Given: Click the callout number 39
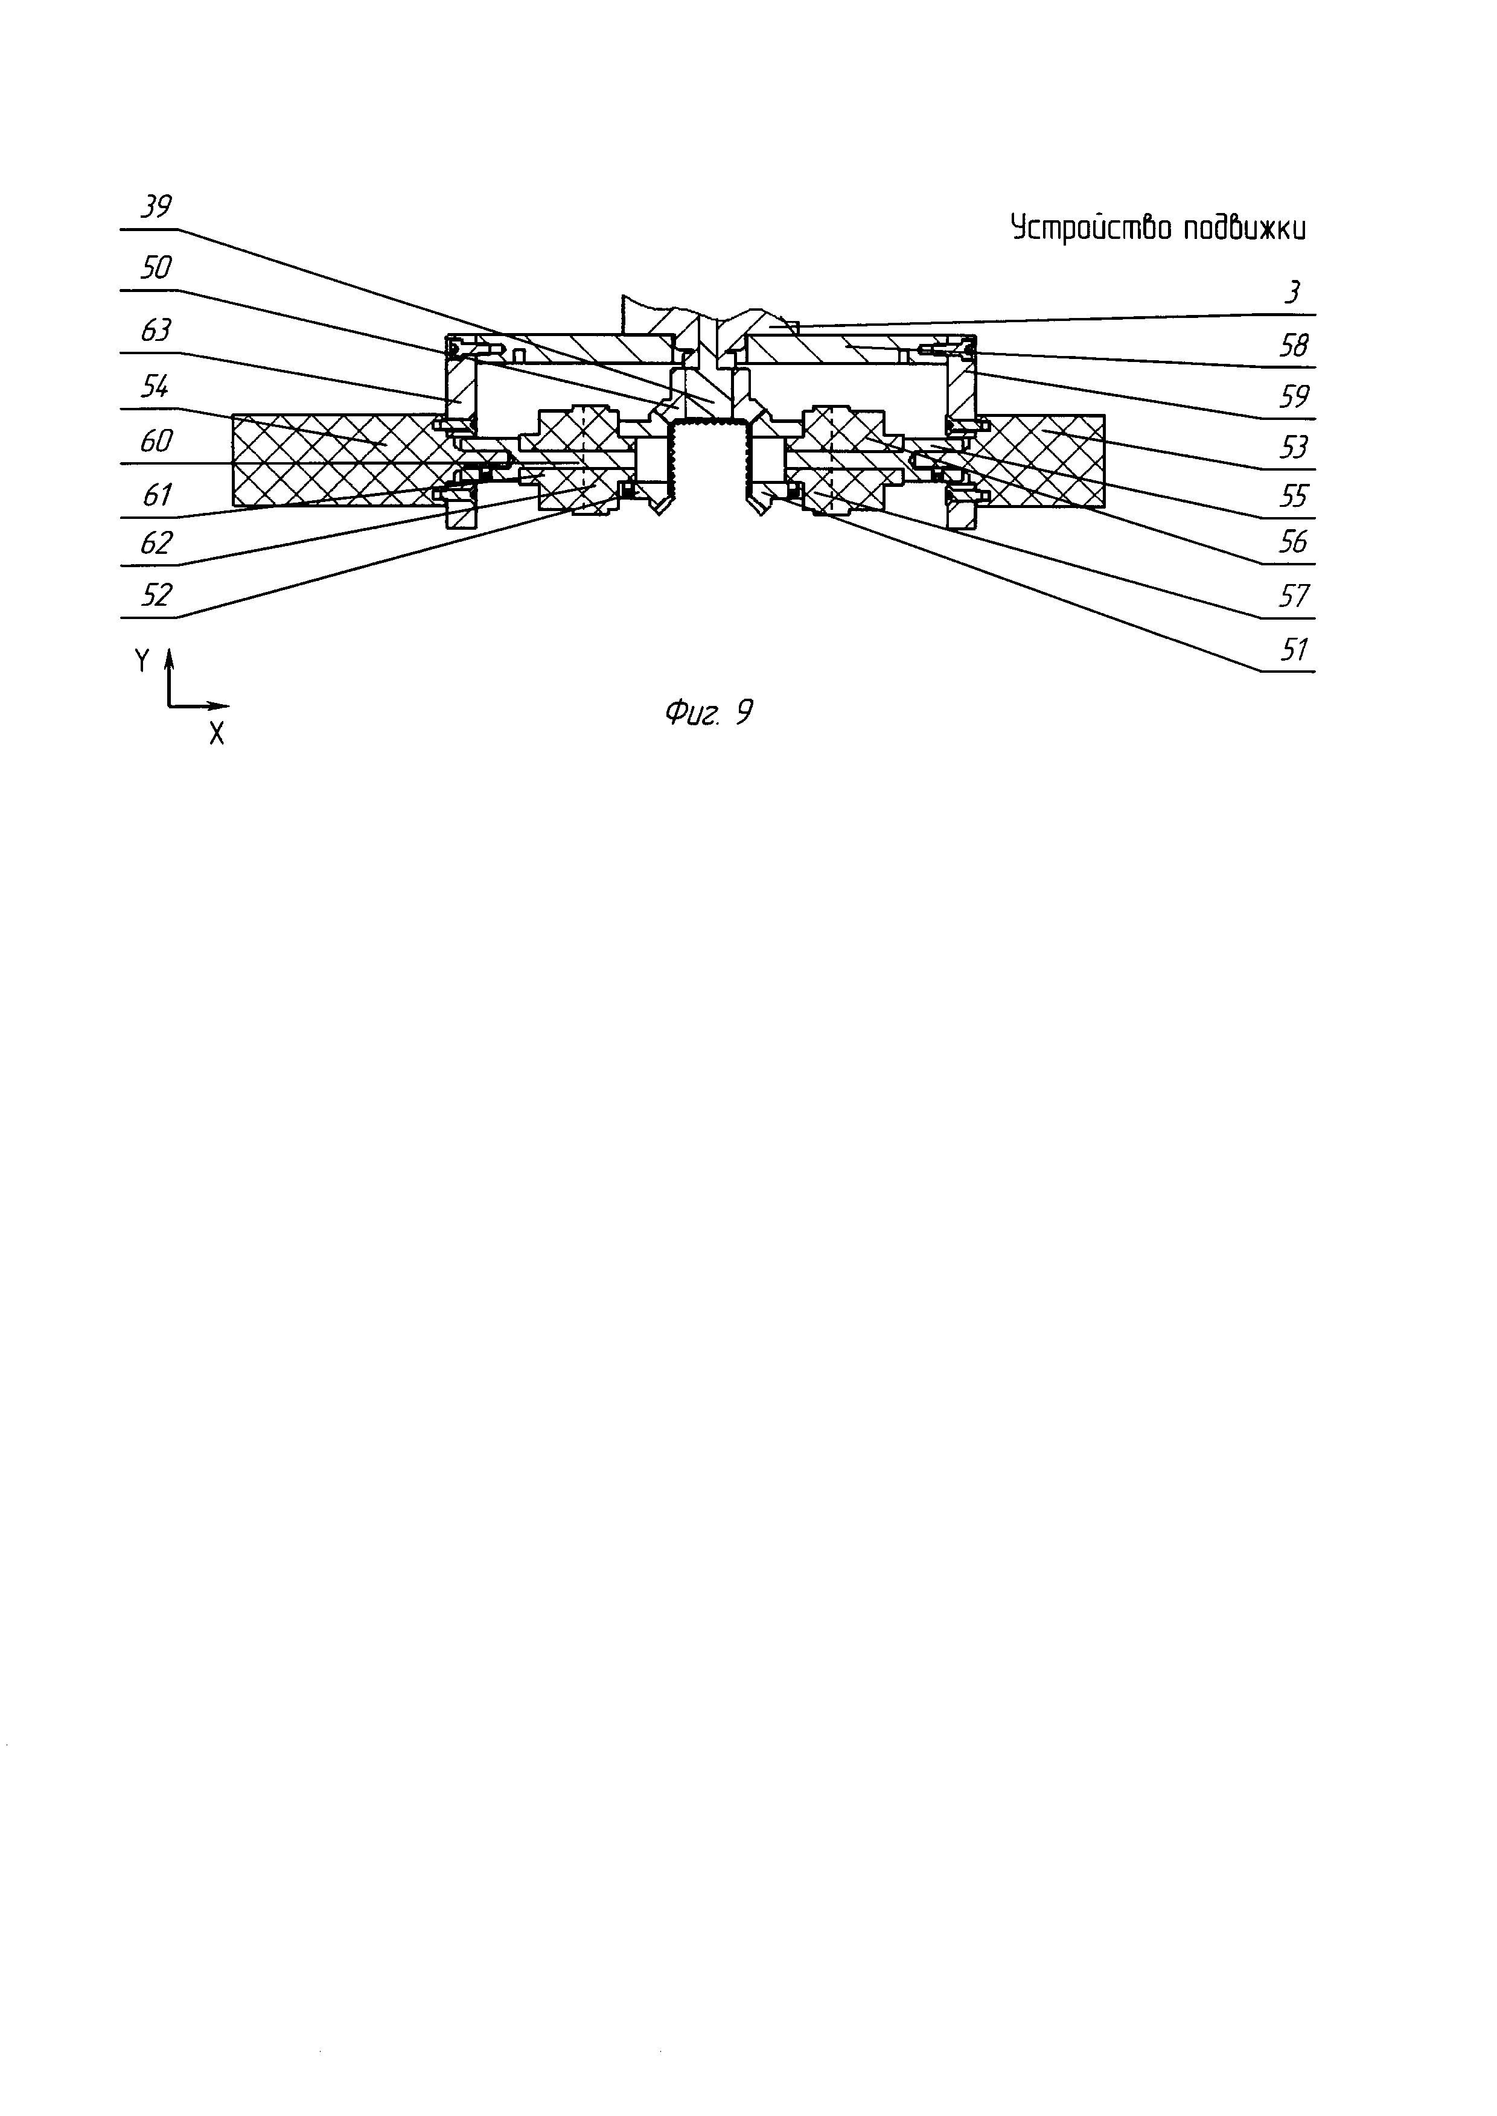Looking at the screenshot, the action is click(156, 206).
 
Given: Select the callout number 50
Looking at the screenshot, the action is click(156, 268).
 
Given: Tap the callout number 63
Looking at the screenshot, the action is click(156, 330).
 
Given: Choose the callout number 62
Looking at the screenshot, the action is click(156, 543).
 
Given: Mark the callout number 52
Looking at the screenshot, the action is click(156, 596).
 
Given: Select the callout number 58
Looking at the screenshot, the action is click(1294, 346).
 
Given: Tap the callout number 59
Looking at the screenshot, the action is click(1294, 397).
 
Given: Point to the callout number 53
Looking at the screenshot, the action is click(1294, 448).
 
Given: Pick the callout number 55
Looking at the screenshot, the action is click(1294, 497).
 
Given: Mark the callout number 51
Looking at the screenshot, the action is click(1294, 650).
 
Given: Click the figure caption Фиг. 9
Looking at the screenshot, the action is click(708, 713).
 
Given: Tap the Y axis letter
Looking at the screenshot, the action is click(142, 661).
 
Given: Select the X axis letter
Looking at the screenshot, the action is click(217, 734).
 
